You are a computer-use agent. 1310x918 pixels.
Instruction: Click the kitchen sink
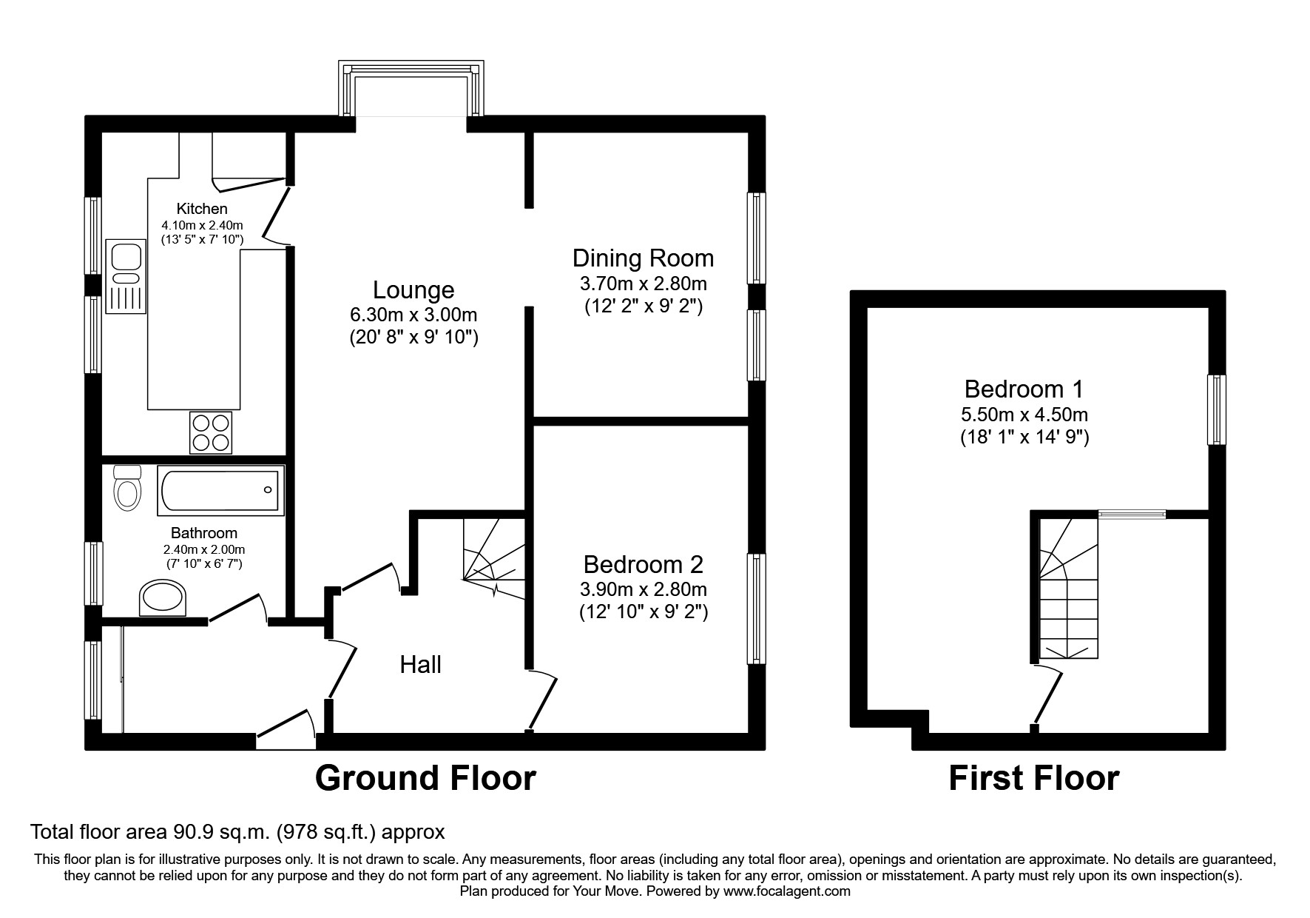click(x=126, y=276)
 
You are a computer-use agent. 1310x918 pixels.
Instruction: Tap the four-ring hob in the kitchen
click(x=211, y=432)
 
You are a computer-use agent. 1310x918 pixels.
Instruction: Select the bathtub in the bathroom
click(x=220, y=490)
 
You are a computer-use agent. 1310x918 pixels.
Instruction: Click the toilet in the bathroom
click(x=128, y=488)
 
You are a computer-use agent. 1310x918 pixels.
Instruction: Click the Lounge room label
click(x=413, y=289)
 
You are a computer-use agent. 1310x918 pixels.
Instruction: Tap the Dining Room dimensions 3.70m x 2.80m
click(x=643, y=283)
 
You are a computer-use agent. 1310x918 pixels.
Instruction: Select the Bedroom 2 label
click(x=643, y=564)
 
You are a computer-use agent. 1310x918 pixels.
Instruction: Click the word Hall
click(x=420, y=665)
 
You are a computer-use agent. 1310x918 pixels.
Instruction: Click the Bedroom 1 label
click(x=1024, y=389)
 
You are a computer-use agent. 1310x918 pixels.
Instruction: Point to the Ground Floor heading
click(x=425, y=778)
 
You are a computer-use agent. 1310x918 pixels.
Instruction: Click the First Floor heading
click(x=1033, y=778)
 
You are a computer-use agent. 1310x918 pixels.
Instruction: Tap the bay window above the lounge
click(x=411, y=89)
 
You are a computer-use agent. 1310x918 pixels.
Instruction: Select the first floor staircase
click(x=1068, y=589)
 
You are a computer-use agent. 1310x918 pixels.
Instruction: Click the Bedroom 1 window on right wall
click(x=1216, y=410)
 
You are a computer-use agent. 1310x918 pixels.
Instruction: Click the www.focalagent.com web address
click(x=786, y=891)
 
